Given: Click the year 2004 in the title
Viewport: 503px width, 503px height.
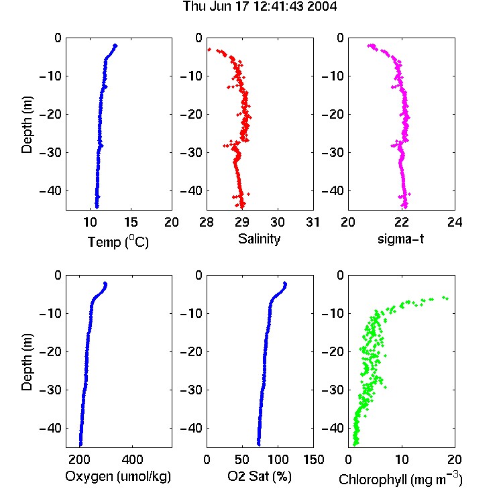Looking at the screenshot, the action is tap(322, 6).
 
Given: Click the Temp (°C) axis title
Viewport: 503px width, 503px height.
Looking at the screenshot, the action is tap(118, 241).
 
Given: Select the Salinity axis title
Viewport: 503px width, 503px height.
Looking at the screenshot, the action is tap(259, 239).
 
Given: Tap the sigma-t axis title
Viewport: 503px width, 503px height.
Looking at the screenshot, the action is tap(400, 239).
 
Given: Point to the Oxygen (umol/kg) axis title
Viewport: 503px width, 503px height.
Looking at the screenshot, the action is tap(118, 476).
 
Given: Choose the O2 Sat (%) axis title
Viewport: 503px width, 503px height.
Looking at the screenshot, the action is tap(260, 476).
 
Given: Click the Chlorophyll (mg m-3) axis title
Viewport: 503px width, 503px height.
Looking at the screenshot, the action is tap(400, 479).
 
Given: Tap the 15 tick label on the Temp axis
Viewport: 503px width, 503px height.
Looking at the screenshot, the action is tap(131, 222).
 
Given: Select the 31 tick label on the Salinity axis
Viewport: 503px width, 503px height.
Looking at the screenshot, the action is tap(313, 222).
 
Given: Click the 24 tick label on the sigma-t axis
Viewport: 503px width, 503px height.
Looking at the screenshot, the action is tap(455, 222).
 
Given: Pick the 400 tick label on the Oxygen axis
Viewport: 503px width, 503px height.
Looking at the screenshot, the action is tap(133, 459).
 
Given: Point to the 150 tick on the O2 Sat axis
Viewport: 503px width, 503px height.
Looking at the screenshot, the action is tap(313, 459).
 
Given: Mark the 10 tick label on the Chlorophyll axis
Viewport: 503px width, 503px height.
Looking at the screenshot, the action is tap(402, 459).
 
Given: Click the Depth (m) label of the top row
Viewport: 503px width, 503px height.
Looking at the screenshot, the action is tap(27, 125).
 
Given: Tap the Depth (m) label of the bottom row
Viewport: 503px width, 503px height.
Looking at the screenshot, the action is tap(27, 362).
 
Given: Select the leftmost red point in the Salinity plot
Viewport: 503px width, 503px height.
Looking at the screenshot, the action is tap(209, 50).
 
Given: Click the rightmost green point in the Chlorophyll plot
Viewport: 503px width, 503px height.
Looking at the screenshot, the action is tap(447, 298).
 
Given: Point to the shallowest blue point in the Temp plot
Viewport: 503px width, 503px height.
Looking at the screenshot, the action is tap(116, 46).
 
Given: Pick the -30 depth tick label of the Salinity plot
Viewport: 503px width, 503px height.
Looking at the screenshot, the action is tap(191, 152).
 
